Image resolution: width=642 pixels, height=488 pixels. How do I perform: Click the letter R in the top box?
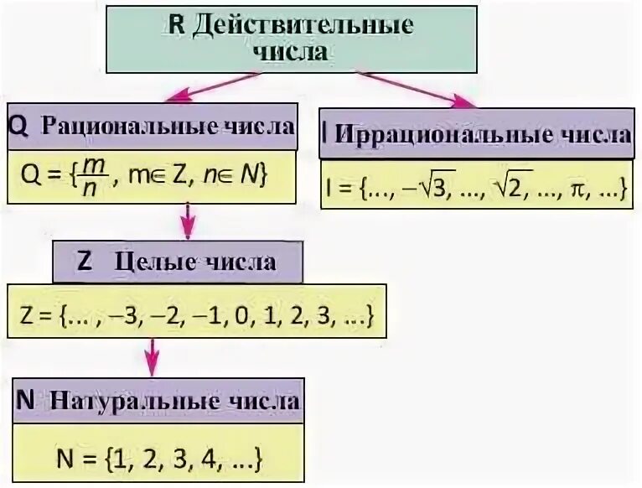(x=177, y=24)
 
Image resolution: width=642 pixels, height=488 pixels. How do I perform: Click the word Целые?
(x=153, y=262)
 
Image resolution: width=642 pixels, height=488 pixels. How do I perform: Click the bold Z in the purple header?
(x=84, y=262)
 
